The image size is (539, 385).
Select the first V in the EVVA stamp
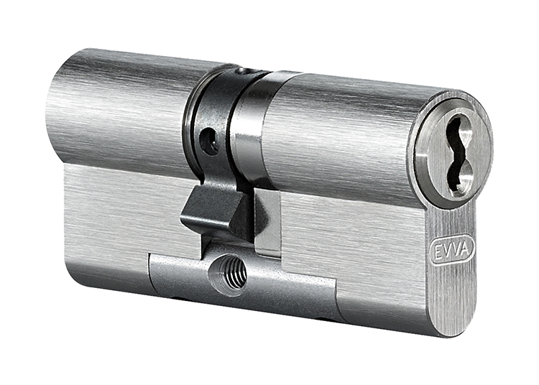[x=448, y=251]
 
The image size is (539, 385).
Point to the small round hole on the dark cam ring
[x=209, y=142]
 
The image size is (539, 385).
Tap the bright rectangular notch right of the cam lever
[x=267, y=223]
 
